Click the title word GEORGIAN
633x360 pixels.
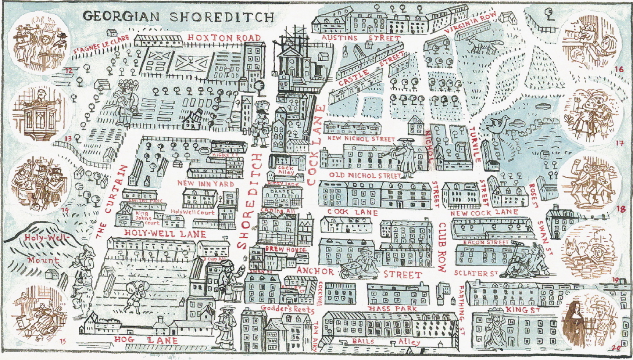[122, 16]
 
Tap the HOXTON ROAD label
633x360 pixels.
[224, 38]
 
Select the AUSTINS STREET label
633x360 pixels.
[360, 38]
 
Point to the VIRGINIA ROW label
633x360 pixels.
[471, 25]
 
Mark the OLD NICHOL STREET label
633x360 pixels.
[365, 175]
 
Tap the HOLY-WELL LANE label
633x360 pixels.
[165, 234]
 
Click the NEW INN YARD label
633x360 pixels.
[206, 184]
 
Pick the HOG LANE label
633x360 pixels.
[146, 340]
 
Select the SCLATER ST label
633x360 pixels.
[476, 273]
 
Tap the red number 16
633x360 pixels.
[619, 69]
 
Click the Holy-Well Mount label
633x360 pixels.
[44, 249]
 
